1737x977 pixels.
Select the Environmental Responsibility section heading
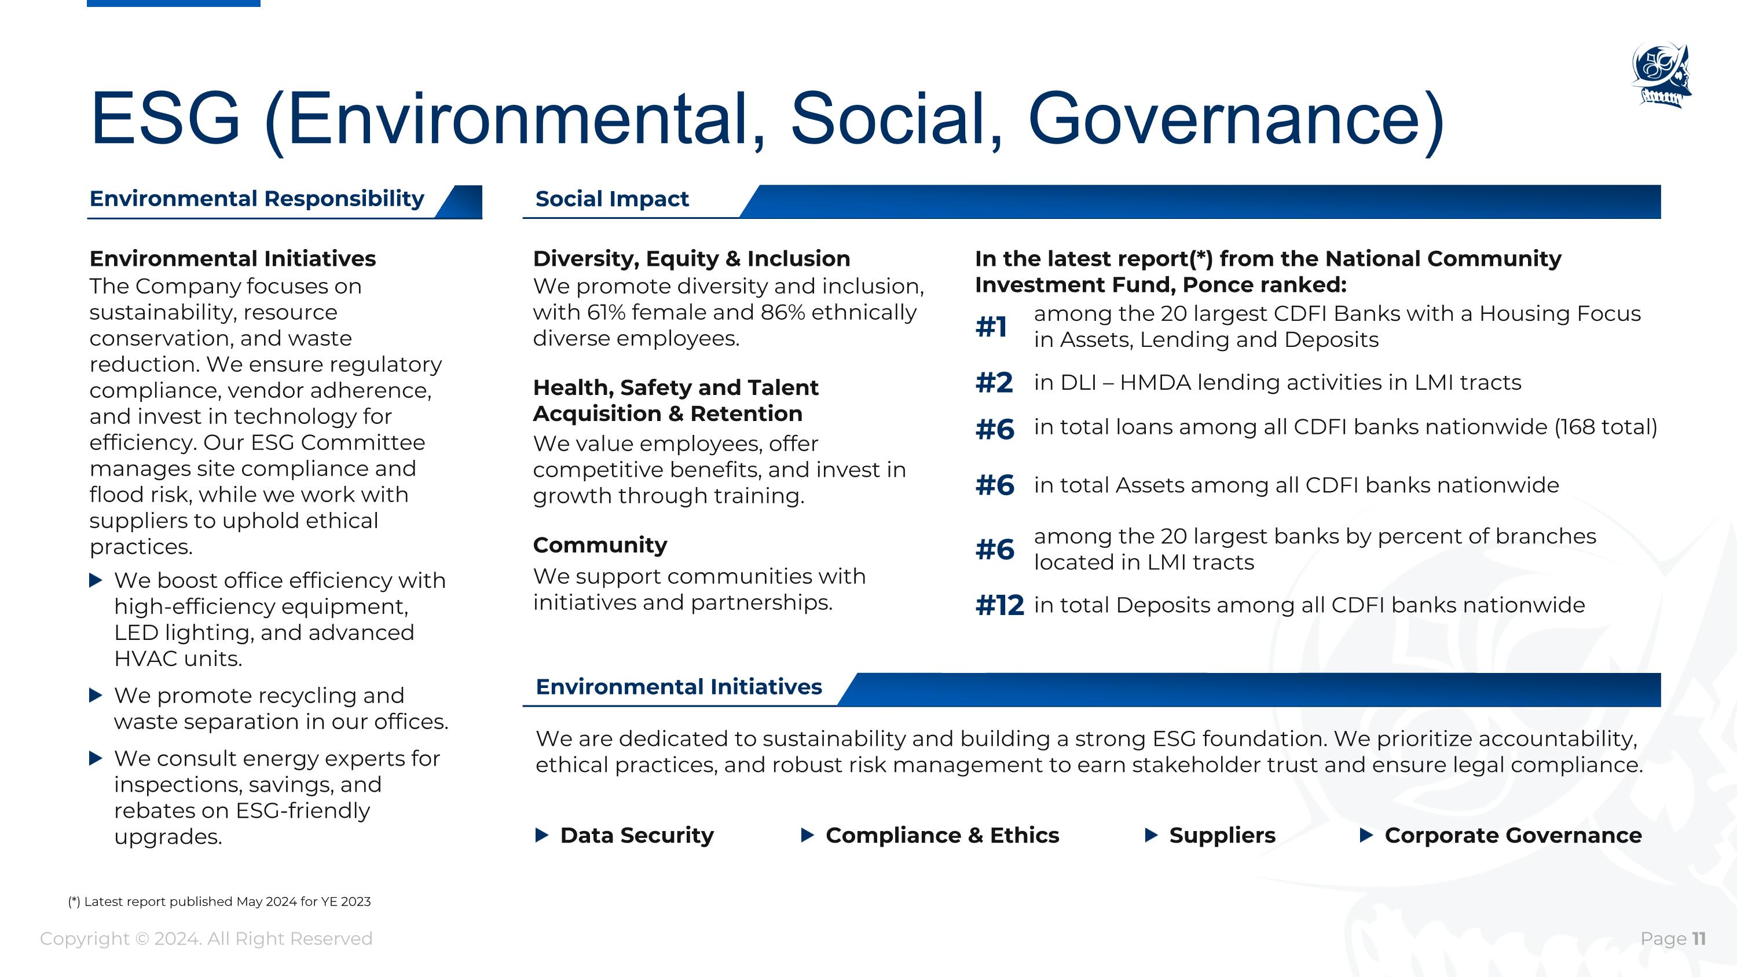click(x=257, y=199)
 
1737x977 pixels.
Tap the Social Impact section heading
click(x=611, y=199)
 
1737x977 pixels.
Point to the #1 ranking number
click(x=991, y=327)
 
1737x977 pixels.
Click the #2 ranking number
click(x=994, y=383)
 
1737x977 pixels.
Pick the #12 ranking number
click(x=999, y=605)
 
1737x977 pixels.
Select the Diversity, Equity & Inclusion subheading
click(x=691, y=259)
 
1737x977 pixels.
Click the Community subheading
click(x=599, y=545)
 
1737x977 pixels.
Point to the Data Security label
click(x=636, y=836)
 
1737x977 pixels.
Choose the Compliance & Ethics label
click(x=942, y=836)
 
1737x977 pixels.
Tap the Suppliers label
click(x=1222, y=836)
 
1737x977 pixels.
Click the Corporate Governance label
click(x=1512, y=836)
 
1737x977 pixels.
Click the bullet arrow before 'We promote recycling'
click(x=96, y=695)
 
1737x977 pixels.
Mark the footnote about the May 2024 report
click(x=219, y=902)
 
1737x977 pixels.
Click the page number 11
click(x=1699, y=939)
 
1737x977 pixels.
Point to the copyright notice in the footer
click(x=206, y=939)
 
